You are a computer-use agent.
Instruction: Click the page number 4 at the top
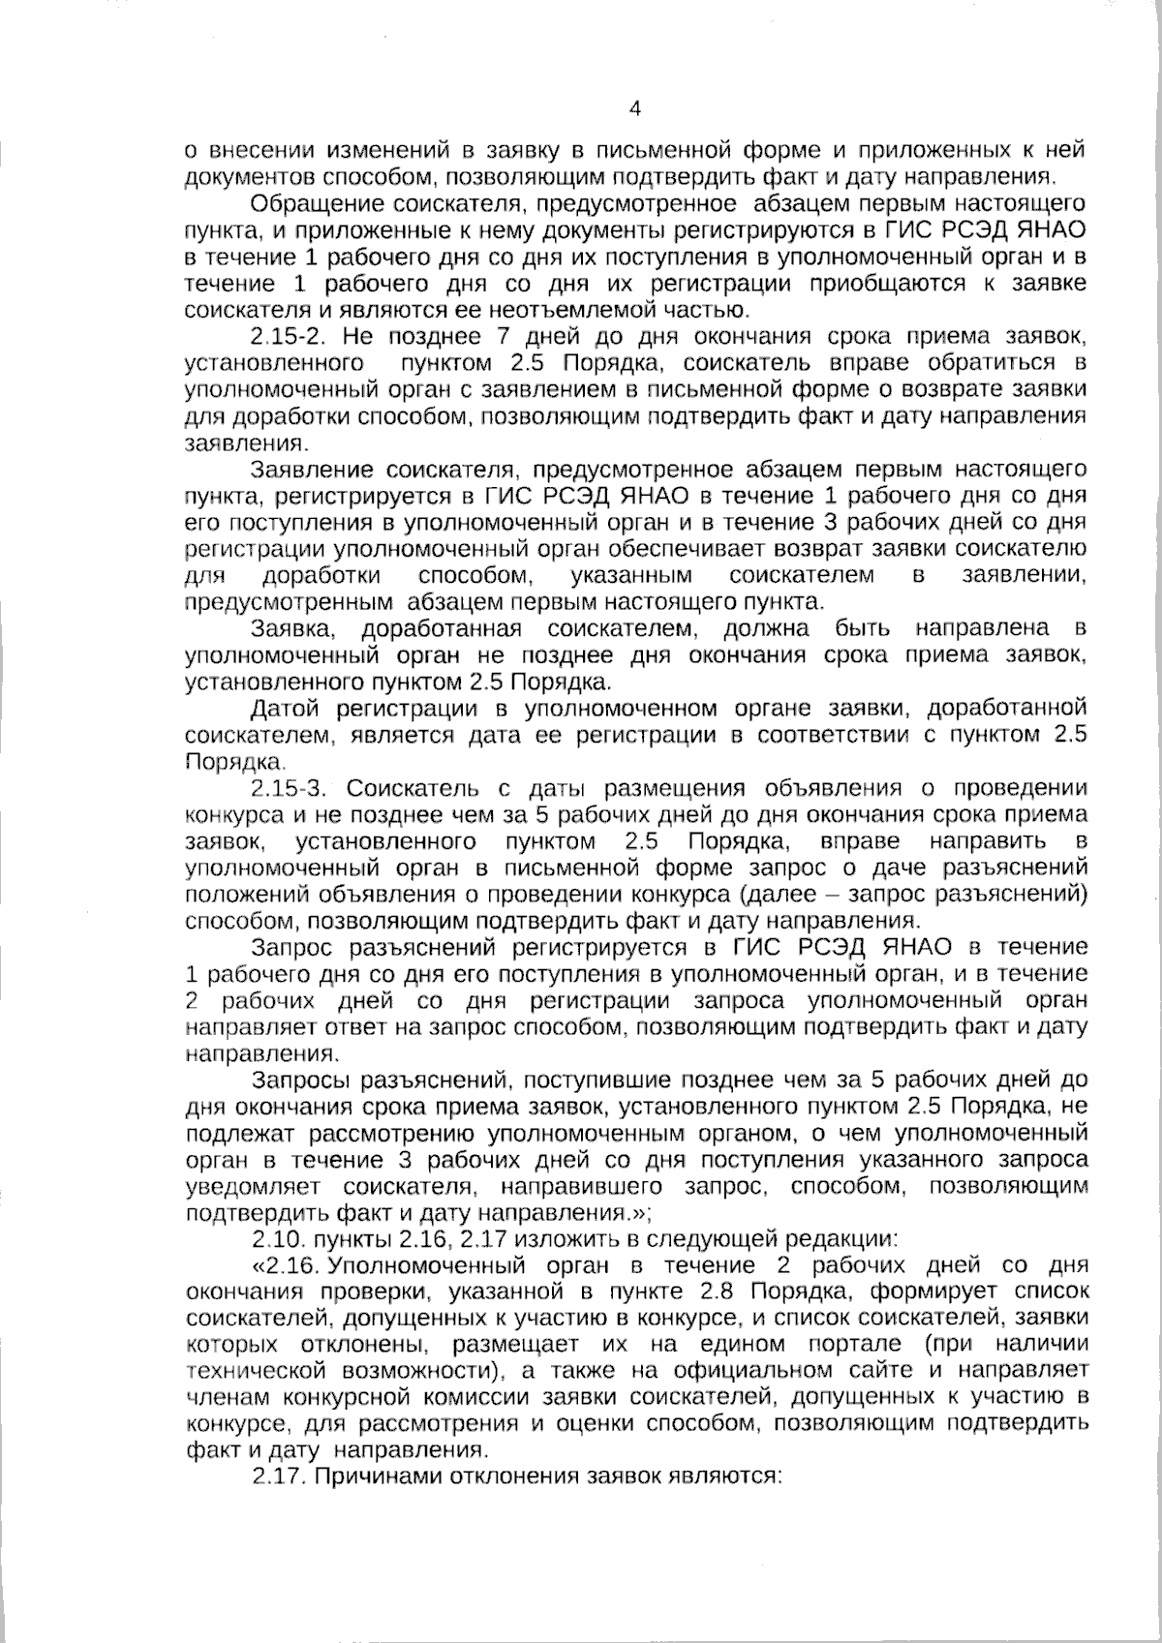click(635, 108)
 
